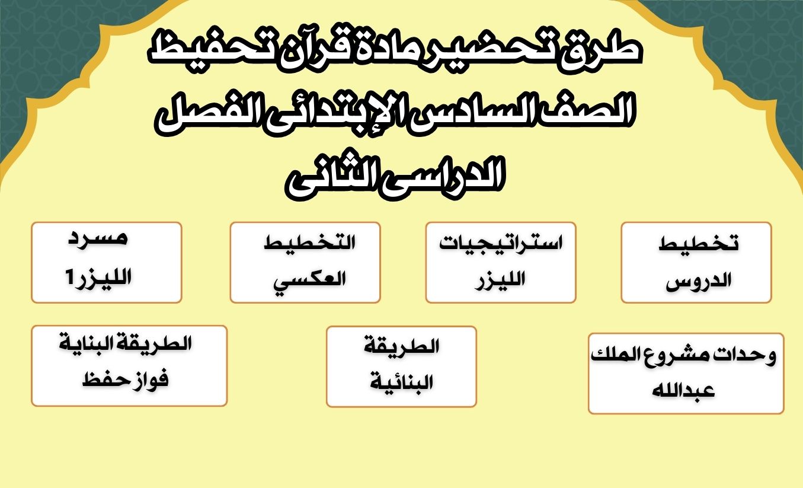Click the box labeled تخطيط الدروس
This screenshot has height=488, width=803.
696,262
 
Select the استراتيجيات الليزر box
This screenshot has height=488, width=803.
500,262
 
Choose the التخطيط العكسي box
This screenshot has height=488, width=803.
305,262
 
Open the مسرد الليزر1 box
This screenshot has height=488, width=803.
107,262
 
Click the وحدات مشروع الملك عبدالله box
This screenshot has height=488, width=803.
686,373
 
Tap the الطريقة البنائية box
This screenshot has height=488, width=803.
401,366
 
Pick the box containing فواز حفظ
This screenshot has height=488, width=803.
129,365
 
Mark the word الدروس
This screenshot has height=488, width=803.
699,281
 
